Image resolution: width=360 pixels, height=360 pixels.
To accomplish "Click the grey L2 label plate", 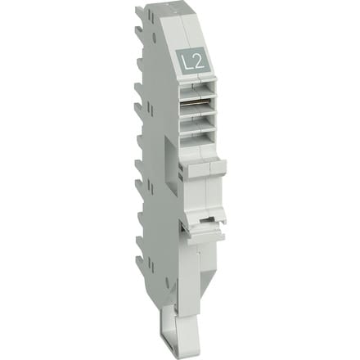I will click(x=190, y=60).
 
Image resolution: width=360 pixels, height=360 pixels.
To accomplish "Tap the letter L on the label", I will click(x=184, y=60).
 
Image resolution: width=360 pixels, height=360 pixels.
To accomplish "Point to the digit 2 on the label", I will click(x=196, y=60).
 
